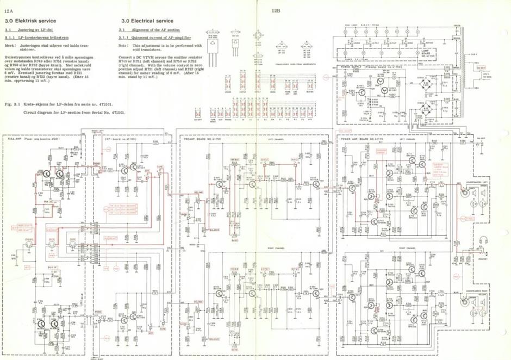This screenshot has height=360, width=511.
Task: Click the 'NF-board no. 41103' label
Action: pyautogui.click(x=123, y=139)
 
